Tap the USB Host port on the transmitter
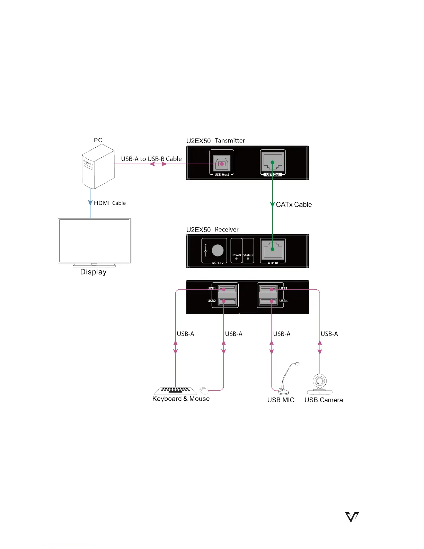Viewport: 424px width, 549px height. [222, 163]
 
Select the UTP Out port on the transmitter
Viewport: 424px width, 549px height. [273, 162]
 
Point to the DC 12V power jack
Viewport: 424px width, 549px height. [218, 250]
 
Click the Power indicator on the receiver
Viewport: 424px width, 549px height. [236, 258]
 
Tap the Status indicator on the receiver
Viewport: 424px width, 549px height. [248, 259]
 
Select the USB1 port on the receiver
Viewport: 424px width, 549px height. [227, 289]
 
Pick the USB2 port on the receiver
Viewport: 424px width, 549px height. [227, 301]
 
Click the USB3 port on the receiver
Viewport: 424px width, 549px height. [268, 289]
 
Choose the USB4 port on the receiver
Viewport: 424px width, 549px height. [268, 301]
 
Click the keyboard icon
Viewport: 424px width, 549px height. [175, 391]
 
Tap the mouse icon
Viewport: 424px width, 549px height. [204, 390]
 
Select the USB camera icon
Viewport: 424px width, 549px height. [319, 384]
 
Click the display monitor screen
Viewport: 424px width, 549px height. [94, 241]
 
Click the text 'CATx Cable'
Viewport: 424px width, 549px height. [294, 204]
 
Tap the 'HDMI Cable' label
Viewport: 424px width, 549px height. [110, 203]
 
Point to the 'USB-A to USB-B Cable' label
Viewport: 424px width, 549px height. [151, 159]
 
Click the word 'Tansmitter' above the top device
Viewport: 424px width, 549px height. [230, 140]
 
